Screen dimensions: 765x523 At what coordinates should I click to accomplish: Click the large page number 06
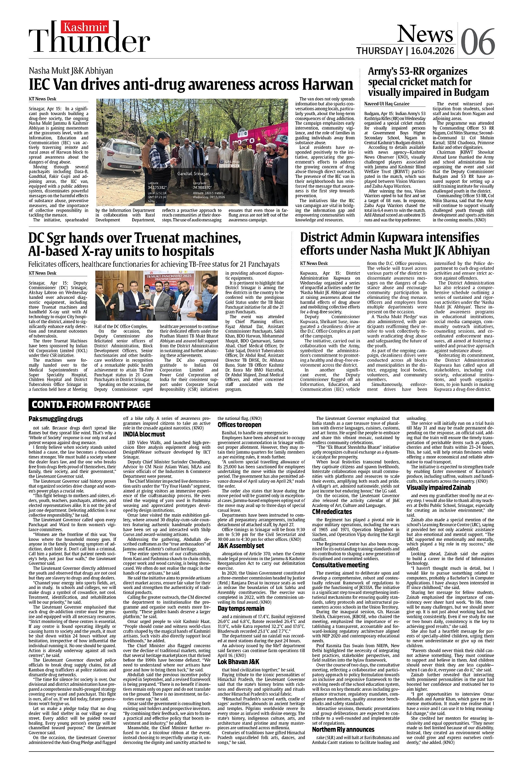[478, 41]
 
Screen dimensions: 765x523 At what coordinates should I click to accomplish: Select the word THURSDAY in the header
[379, 50]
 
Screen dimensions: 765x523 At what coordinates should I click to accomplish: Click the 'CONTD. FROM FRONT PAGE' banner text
[90, 404]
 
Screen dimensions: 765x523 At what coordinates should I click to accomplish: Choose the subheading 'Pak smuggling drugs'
[56, 418]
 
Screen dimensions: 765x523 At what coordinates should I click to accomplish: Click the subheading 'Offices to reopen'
[239, 424]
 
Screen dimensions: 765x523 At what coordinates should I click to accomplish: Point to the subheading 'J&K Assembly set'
[240, 545]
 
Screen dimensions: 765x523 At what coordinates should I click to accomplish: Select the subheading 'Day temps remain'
[240, 608]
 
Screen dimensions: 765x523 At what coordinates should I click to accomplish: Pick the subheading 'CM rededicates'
[332, 511]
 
